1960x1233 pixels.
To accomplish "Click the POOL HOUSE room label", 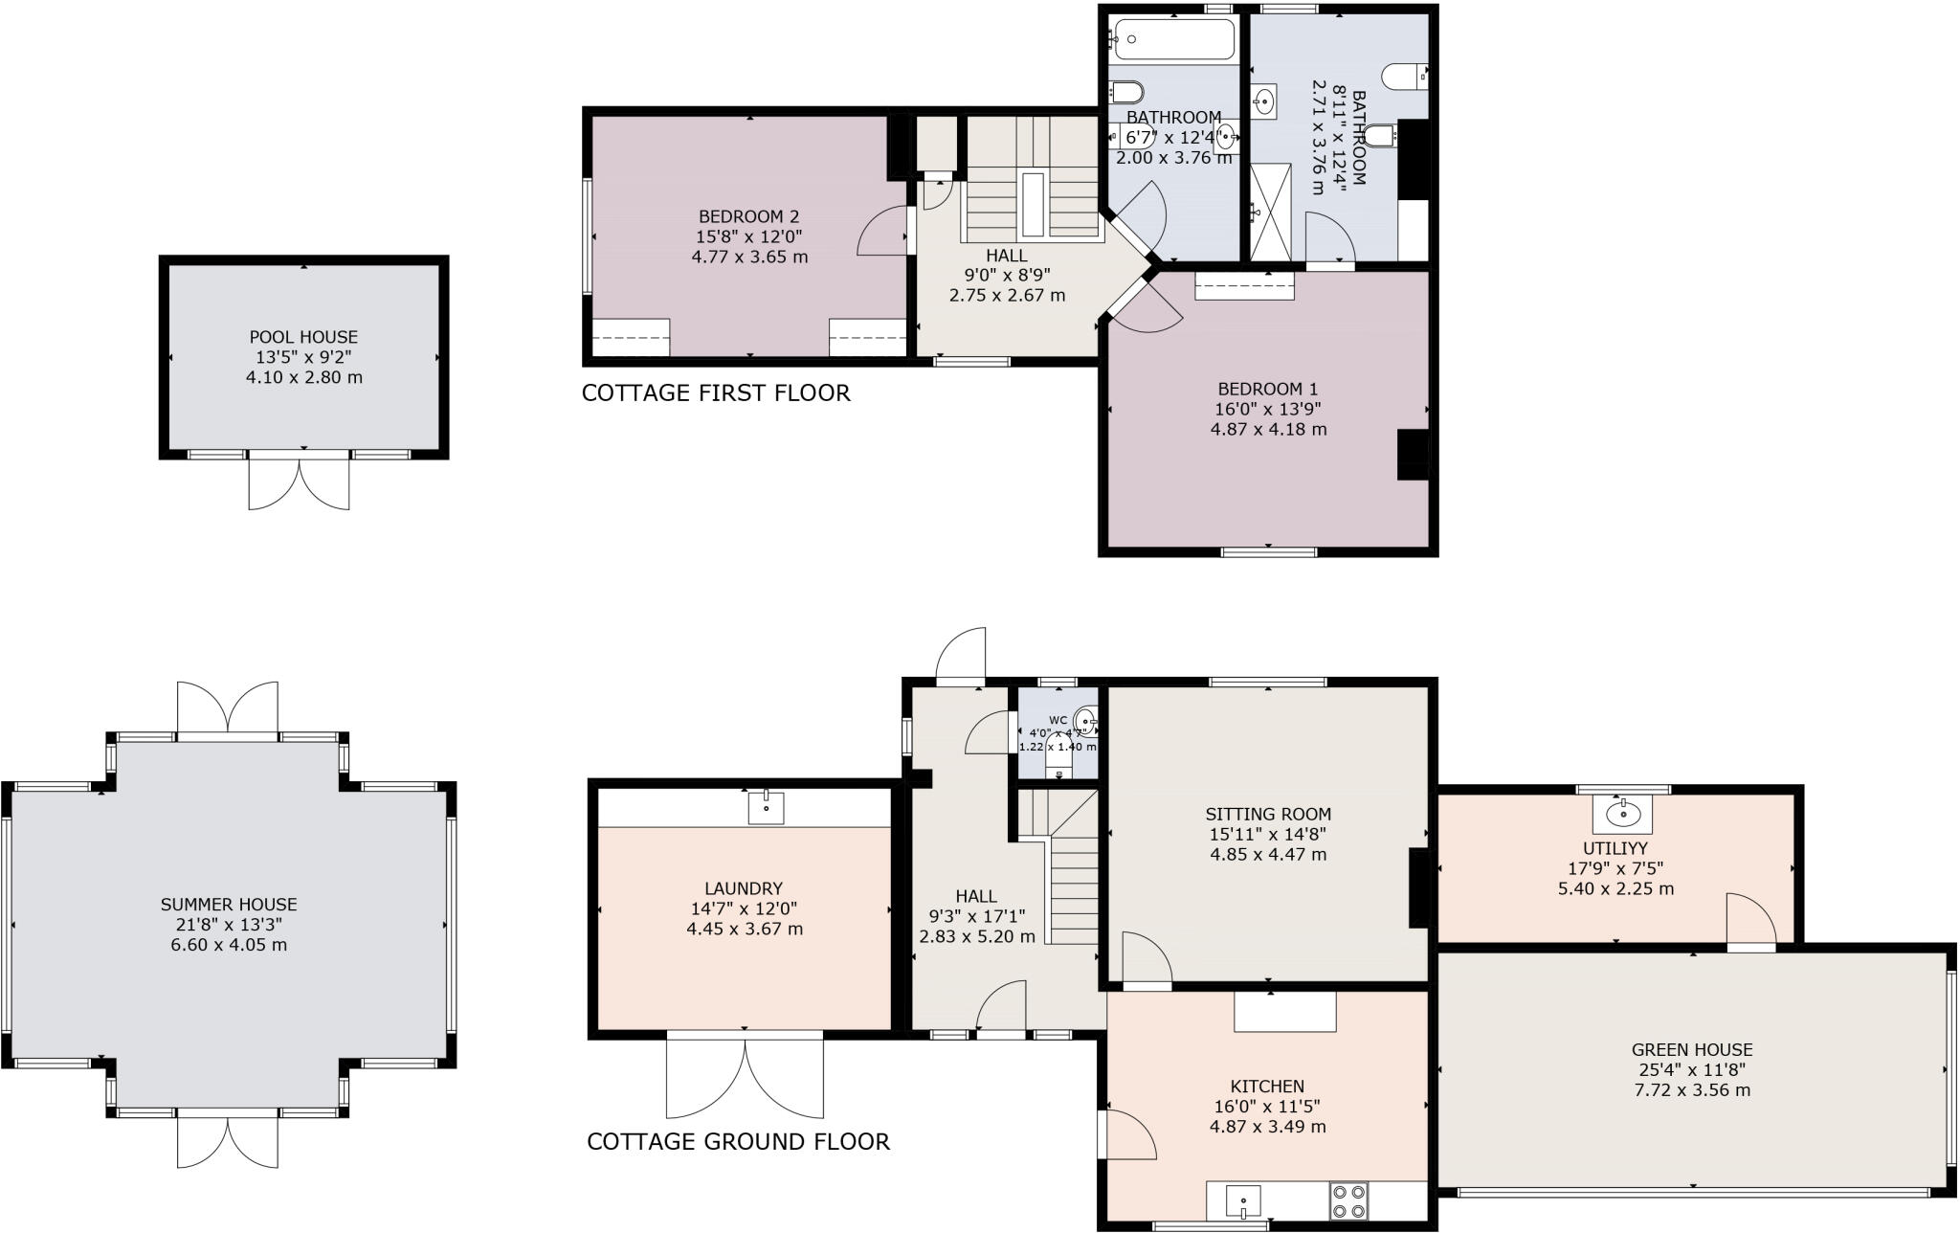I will click(x=303, y=337).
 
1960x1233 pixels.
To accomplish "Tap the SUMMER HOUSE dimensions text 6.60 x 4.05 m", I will click(x=229, y=945).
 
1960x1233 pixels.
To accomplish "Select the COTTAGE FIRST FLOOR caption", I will click(x=716, y=393).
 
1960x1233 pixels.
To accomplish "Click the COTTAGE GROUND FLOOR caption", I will click(x=738, y=1141).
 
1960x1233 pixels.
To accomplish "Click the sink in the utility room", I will click(x=1622, y=815).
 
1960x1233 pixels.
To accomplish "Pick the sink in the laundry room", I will click(x=766, y=808).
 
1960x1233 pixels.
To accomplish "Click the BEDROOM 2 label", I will click(x=748, y=216).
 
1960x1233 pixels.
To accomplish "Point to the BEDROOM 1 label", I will click(x=1268, y=389).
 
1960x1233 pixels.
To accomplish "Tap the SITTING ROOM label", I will click(x=1268, y=814).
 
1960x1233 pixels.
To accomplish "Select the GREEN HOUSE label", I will click(x=1692, y=1049).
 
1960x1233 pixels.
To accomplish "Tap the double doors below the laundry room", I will click(x=745, y=1077).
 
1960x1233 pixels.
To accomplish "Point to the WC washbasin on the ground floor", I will click(x=1085, y=720).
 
